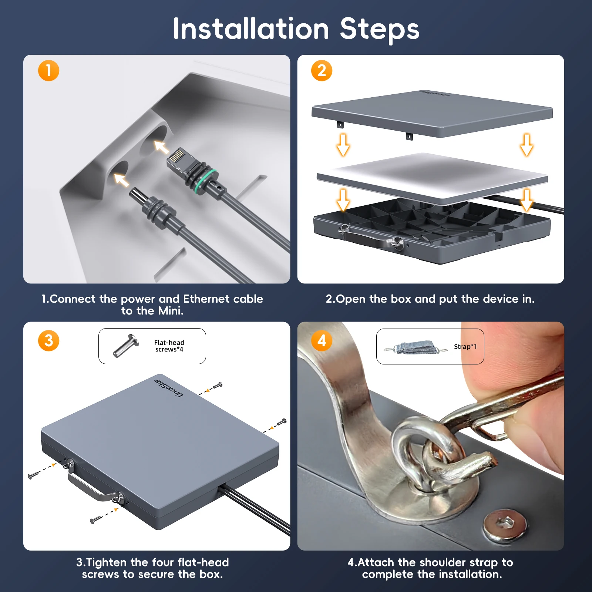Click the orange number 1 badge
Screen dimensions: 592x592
pos(48,71)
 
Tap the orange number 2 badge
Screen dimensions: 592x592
pos(322,71)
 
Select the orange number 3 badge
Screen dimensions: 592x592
pos(48,341)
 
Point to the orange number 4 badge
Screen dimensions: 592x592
pos(322,341)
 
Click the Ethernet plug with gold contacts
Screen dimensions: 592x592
pos(179,159)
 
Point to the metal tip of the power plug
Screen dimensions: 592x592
pos(137,195)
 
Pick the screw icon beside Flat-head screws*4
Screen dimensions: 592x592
pos(125,346)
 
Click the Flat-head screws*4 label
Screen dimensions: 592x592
pos(169,346)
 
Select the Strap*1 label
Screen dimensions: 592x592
pos(465,347)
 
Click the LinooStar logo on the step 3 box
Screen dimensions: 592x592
pos(169,388)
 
